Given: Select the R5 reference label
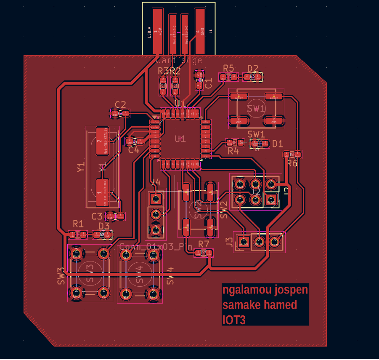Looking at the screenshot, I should [228, 68].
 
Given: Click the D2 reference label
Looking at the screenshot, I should [253, 68].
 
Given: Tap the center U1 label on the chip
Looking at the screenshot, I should [180, 139].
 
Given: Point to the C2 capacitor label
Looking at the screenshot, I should [120, 105].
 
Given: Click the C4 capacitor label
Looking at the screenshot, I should [133, 150].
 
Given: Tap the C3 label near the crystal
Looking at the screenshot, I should [97, 216].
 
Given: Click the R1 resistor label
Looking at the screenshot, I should [78, 224].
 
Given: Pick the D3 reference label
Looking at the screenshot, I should [104, 226].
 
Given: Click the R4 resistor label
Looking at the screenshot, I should [233, 151].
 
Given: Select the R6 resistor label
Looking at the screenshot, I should [292, 163].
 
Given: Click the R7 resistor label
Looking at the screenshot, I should [204, 244].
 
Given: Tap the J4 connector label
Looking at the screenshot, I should [156, 182].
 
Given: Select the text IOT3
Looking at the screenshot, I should [234, 320].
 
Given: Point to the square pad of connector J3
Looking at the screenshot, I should [244, 242].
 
